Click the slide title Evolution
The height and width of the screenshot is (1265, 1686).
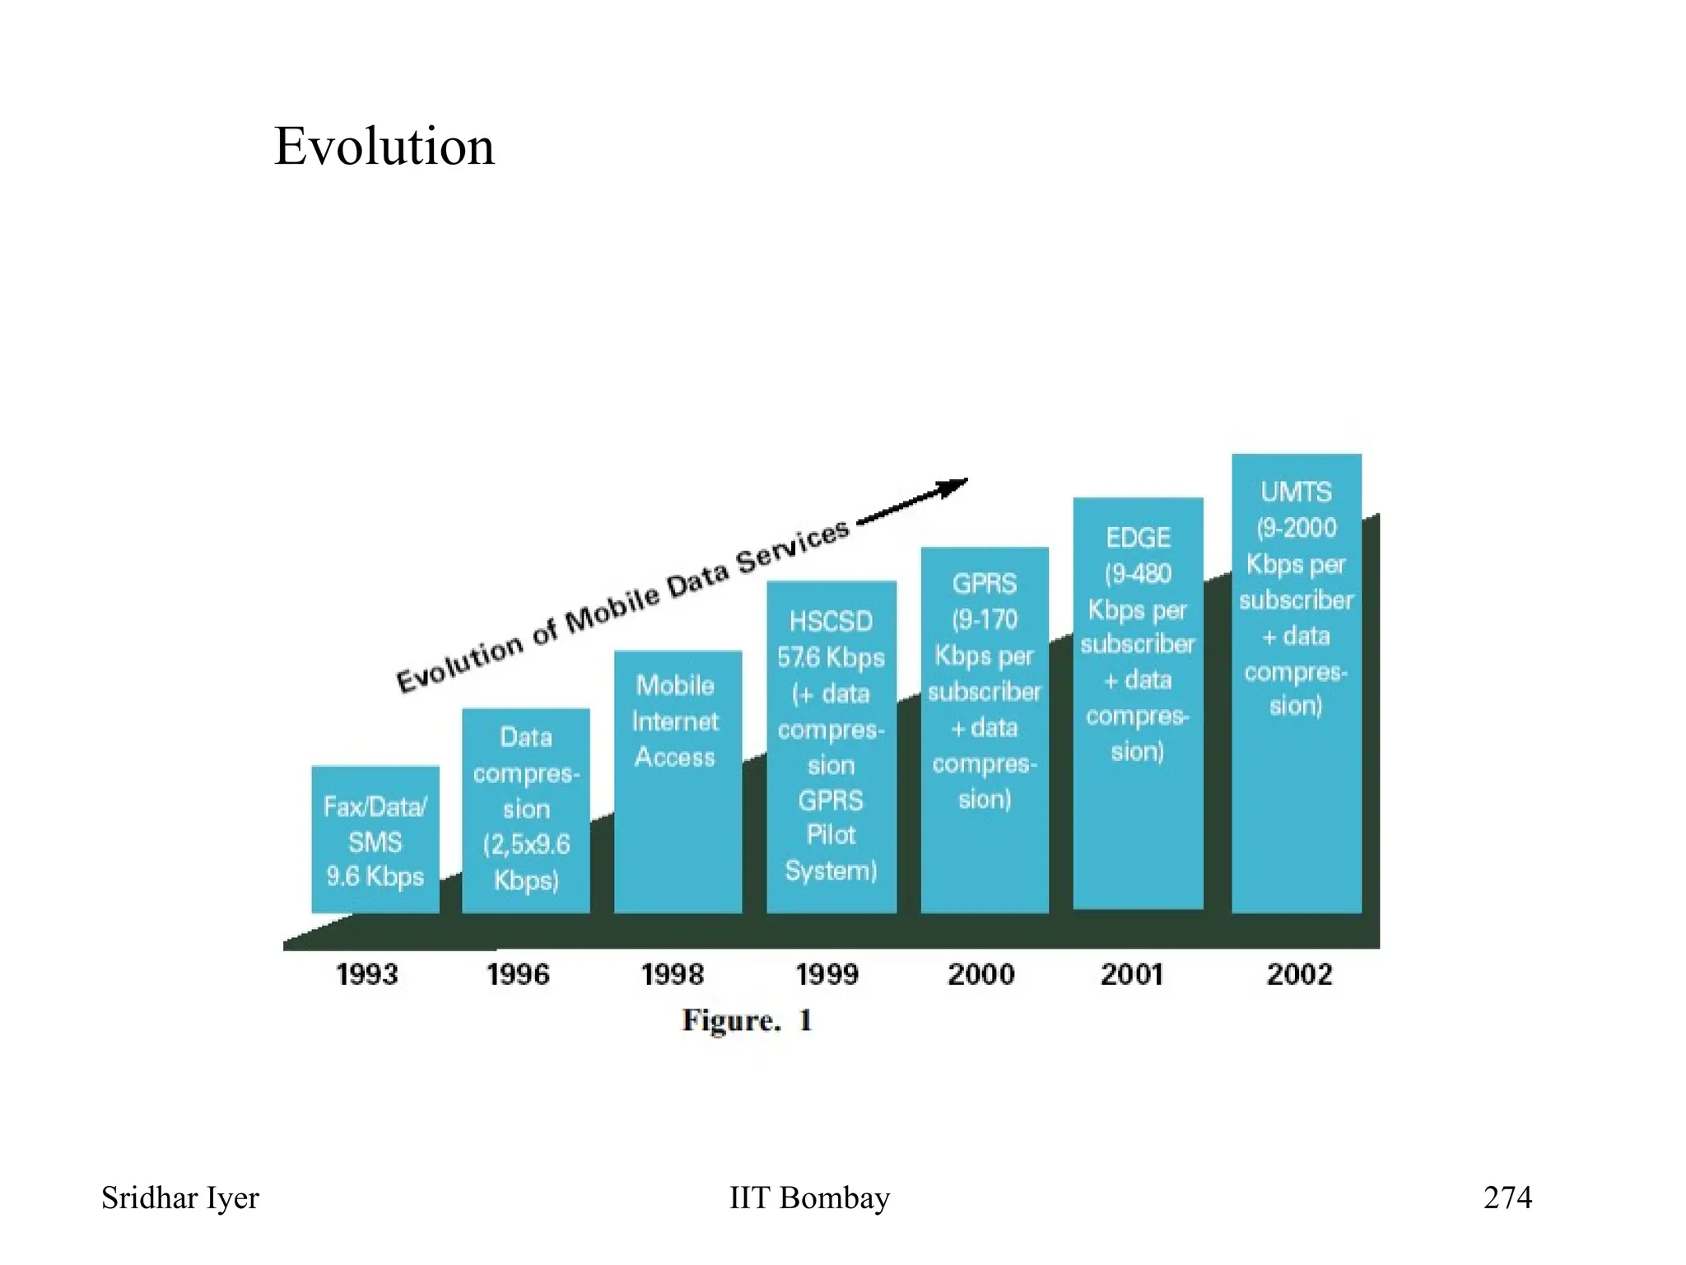(384, 147)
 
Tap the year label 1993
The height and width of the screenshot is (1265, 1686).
(367, 974)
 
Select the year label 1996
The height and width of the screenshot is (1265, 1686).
(518, 974)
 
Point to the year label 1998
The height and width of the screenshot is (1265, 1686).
(673, 974)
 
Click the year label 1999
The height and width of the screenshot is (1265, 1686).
(827, 974)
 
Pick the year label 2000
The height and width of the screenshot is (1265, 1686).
(981, 974)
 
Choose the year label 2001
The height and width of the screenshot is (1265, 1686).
(1132, 974)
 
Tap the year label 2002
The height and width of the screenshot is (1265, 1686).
(1299, 974)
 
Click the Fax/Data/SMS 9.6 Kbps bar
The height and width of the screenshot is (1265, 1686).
(375, 840)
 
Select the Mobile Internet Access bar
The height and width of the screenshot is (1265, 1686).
(678, 782)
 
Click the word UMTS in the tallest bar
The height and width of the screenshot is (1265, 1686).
(1296, 492)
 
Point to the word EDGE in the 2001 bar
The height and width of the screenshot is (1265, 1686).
(1138, 538)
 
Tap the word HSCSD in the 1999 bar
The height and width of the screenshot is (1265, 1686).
(831, 621)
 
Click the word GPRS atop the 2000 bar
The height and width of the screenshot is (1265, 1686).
(985, 584)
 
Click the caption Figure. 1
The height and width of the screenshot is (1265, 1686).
(748, 1020)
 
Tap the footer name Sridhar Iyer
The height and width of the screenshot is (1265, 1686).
(180, 1197)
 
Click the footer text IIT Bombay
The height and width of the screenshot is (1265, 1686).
(809, 1197)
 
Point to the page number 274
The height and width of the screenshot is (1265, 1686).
(1507, 1197)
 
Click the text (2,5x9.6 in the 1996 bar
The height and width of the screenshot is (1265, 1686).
(526, 844)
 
